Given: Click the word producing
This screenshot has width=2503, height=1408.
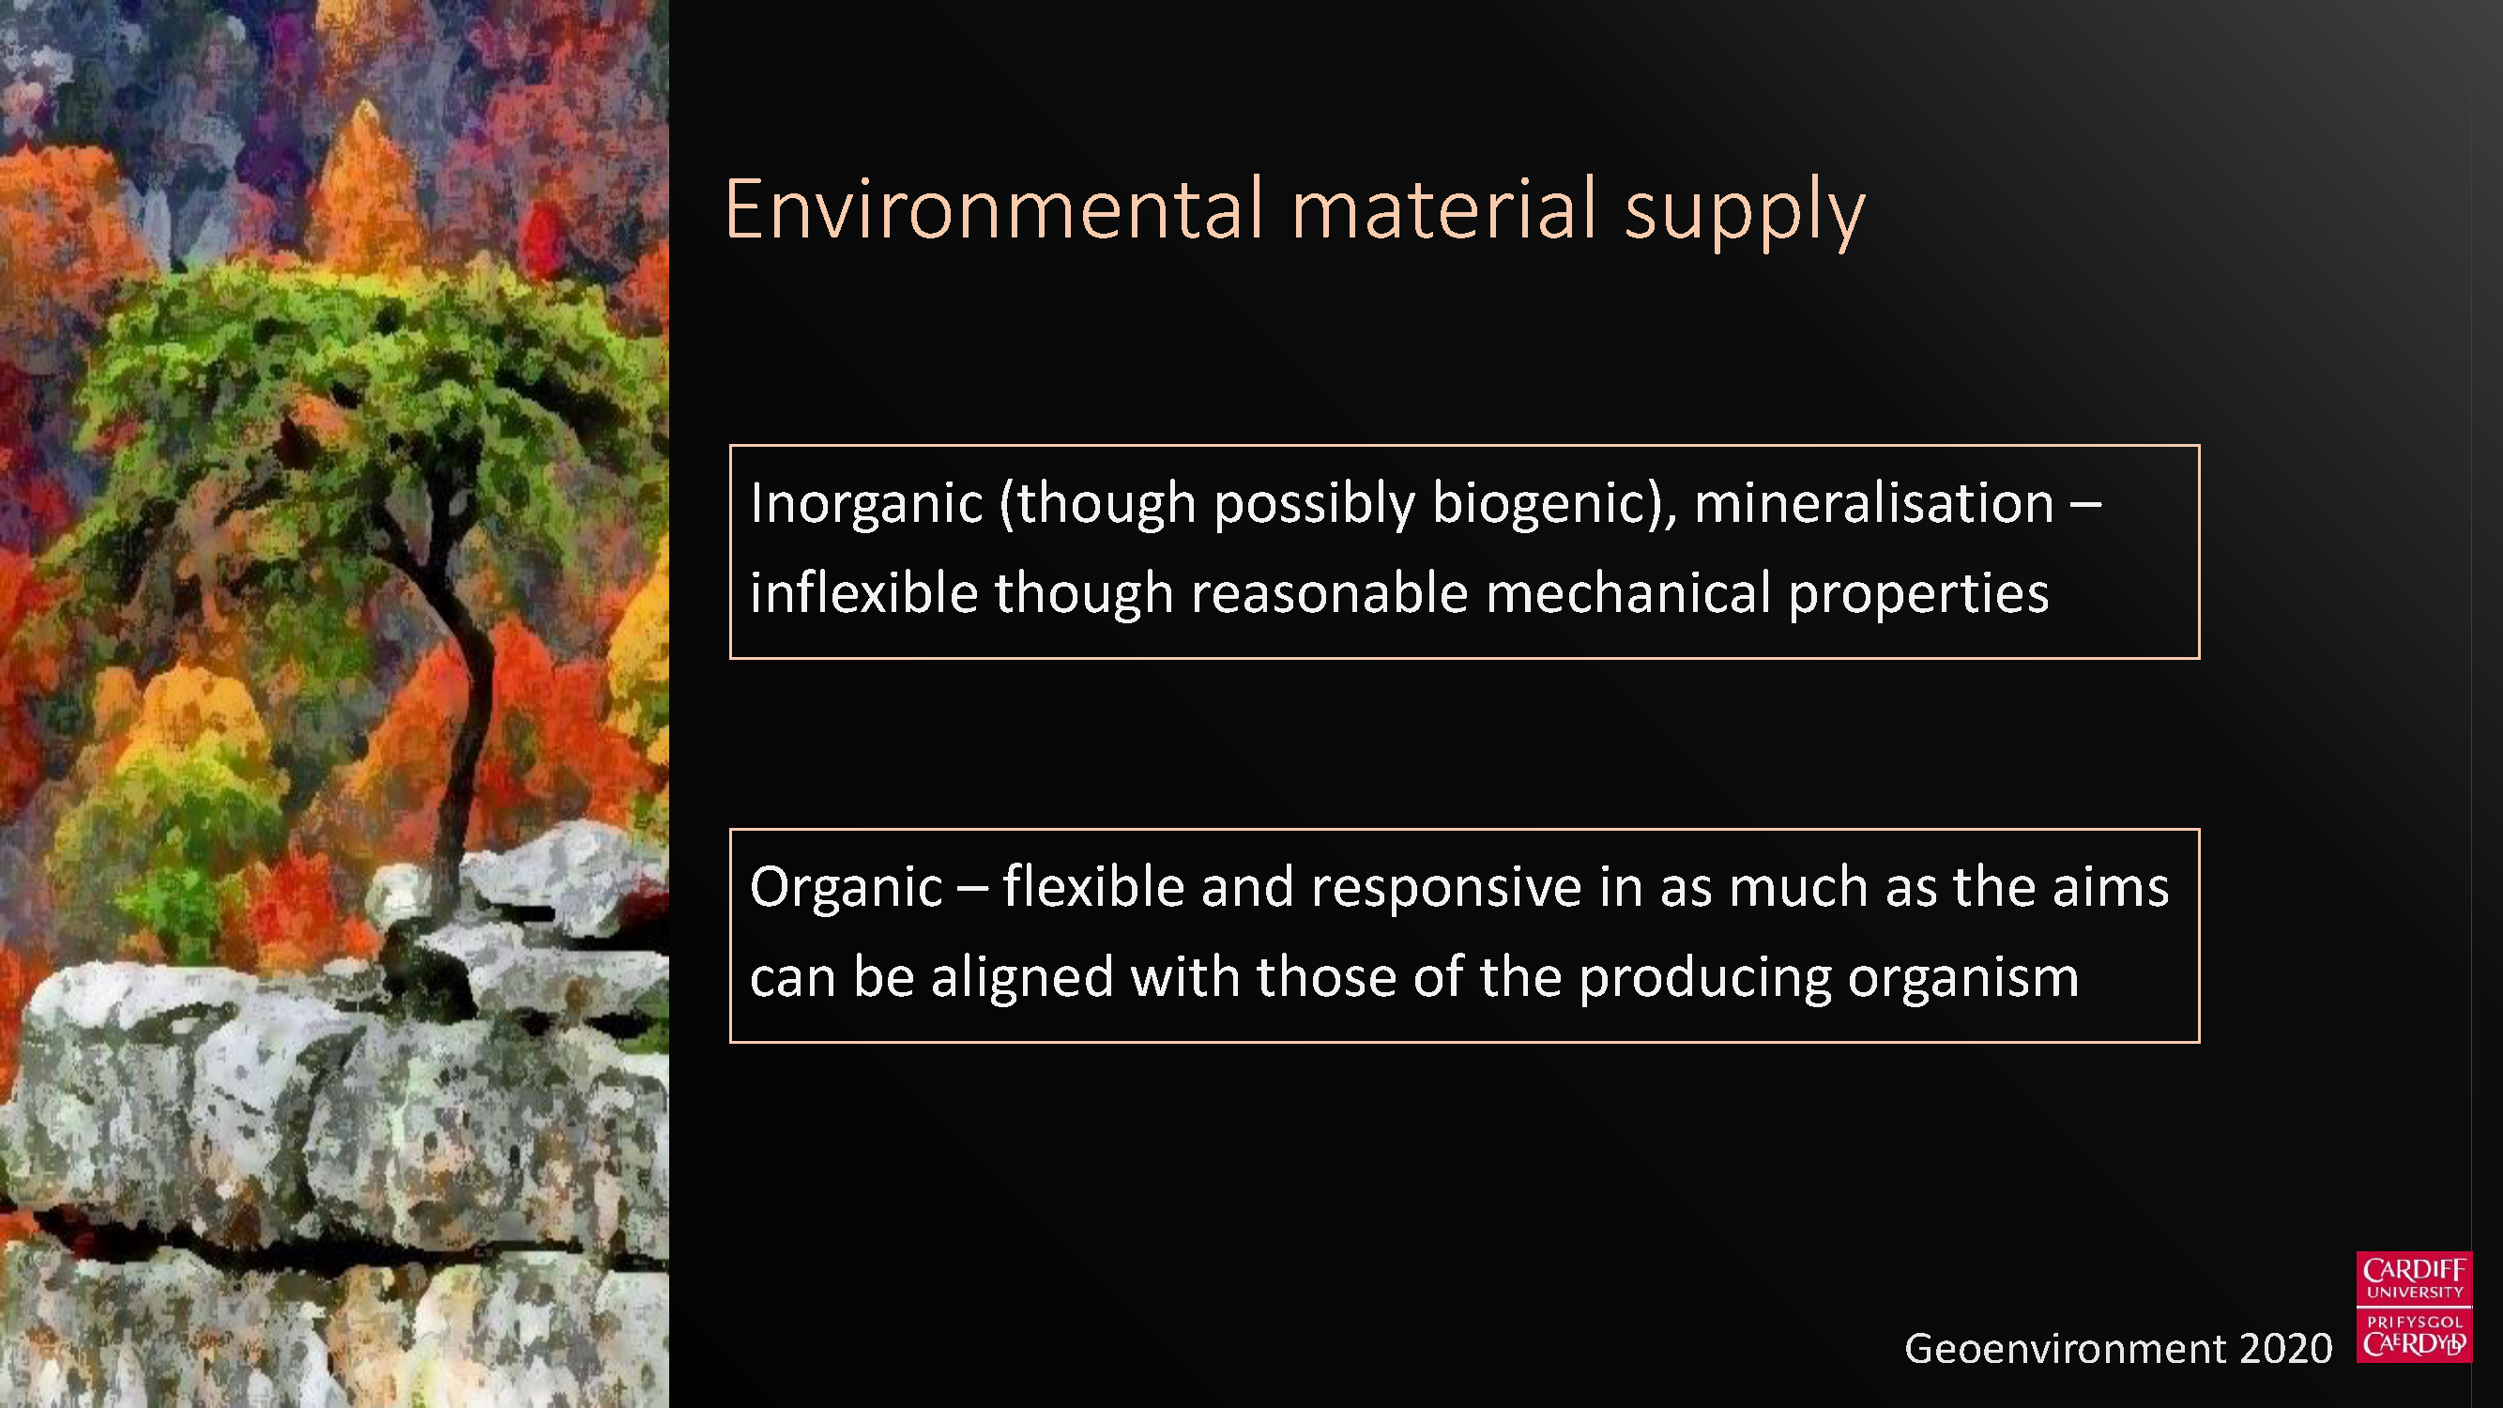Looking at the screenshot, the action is pyautogui.click(x=1704, y=978).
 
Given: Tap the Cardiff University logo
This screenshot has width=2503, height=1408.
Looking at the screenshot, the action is pyautogui.click(x=2414, y=1307).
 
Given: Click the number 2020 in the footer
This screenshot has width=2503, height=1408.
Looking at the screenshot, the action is pyautogui.click(x=2285, y=1349).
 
